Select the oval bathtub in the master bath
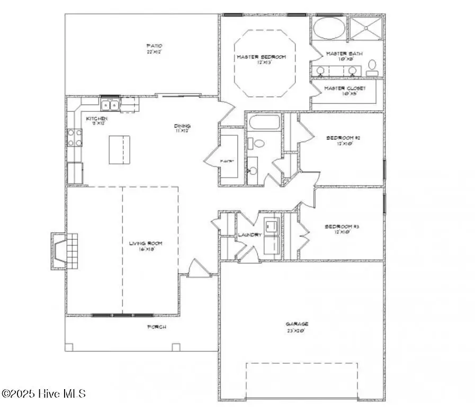click(x=328, y=28)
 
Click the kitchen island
click(x=119, y=150)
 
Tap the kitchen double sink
click(x=111, y=104)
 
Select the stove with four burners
click(x=74, y=137)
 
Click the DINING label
click(x=183, y=126)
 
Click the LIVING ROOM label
click(x=146, y=244)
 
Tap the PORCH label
click(x=156, y=327)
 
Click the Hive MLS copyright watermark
click(x=44, y=393)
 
